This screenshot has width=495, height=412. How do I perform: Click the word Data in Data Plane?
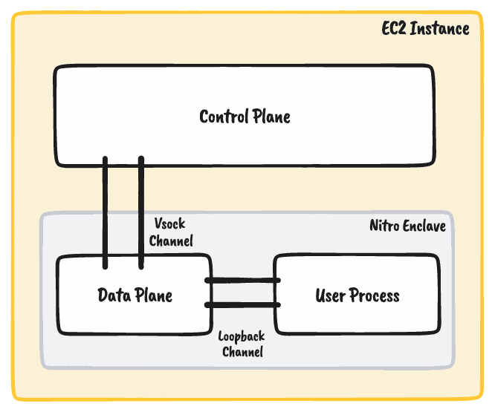pyautogui.click(x=114, y=295)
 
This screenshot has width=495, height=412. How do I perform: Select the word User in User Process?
pyautogui.click(x=331, y=295)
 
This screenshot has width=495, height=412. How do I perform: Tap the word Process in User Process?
pyautogui.click(x=375, y=295)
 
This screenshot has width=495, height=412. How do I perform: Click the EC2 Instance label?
pyautogui.click(x=424, y=29)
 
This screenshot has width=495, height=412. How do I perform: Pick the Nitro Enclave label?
pyautogui.click(x=407, y=226)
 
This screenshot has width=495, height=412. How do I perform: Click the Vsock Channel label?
pyautogui.click(x=171, y=232)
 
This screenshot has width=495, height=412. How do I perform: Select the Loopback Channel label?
pyautogui.click(x=242, y=344)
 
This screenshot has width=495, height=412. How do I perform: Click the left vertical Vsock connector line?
pyautogui.click(x=106, y=212)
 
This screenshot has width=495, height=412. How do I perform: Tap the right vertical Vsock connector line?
pyautogui.click(x=141, y=212)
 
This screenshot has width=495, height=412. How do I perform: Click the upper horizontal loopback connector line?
pyautogui.click(x=242, y=280)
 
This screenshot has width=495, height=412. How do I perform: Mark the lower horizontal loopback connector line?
pyautogui.click(x=242, y=304)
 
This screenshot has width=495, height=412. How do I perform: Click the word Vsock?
pyautogui.click(x=169, y=223)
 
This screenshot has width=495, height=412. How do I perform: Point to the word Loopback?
pyautogui.click(x=242, y=337)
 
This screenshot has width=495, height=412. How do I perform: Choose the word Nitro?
pyautogui.click(x=384, y=226)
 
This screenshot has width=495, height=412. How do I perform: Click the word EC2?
pyautogui.click(x=394, y=29)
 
